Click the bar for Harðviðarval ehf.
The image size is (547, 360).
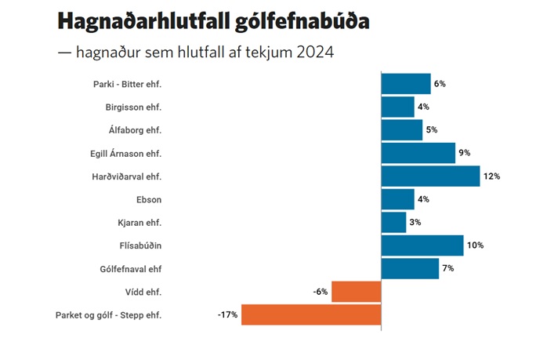[x=430, y=176]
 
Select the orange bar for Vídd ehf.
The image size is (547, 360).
[x=357, y=292]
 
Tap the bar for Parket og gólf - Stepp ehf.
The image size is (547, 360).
[x=311, y=315]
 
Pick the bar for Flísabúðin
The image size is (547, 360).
[x=422, y=245]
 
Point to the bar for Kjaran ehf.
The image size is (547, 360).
[x=393, y=222]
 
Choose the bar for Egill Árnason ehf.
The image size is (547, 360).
[x=418, y=153]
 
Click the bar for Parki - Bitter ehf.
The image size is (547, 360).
[x=406, y=83]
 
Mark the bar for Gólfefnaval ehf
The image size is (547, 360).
[x=410, y=269]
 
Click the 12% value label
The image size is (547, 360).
[x=492, y=176]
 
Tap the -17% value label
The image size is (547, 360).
[x=227, y=315]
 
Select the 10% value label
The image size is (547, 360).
[x=475, y=245]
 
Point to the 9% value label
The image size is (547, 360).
[x=465, y=153]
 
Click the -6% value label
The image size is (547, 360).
[x=320, y=292]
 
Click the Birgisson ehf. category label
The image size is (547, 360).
[x=139, y=107]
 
